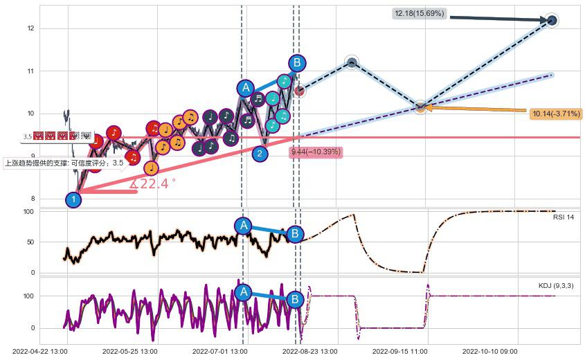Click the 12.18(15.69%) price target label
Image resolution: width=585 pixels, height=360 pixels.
420,13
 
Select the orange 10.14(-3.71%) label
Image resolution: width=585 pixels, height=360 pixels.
555,114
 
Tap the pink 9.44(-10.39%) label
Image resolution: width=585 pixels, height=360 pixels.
316,152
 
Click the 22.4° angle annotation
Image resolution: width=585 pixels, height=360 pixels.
153,183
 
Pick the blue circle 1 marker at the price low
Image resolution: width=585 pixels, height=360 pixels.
73,200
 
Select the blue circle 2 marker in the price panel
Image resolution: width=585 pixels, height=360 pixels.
260,154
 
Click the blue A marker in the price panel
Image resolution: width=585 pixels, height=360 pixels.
246,88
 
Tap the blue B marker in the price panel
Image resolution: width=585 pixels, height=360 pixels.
297,63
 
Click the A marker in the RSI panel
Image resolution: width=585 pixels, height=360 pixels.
242,225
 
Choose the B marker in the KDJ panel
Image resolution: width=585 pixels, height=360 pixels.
295,299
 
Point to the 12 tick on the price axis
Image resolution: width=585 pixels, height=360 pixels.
30,28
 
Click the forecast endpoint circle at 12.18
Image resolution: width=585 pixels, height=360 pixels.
551,21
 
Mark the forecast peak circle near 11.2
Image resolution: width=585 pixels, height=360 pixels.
352,63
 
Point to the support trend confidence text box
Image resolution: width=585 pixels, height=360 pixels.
64,163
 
